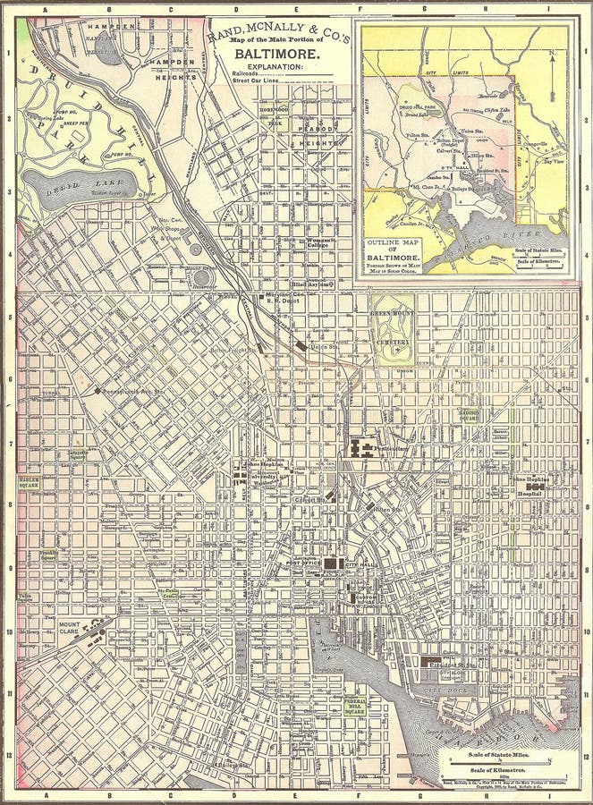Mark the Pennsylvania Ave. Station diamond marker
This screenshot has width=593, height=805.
(97, 391)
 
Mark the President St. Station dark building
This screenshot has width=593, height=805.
(433, 663)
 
